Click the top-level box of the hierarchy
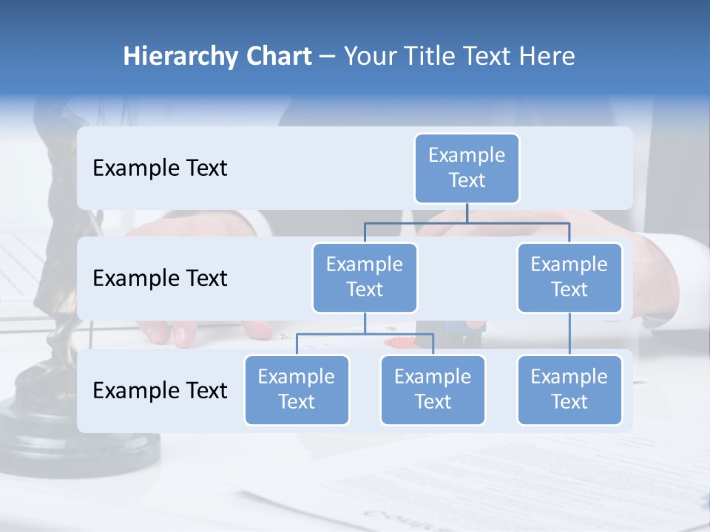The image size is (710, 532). click(467, 168)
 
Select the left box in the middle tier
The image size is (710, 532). click(365, 277)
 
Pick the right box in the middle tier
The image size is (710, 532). click(569, 277)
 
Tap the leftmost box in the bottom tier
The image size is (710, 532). click(297, 389)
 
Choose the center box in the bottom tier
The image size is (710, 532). click(433, 389)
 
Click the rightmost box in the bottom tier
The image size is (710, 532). click(569, 389)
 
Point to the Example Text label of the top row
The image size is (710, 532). click(160, 168)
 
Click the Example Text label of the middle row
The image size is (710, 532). click(160, 278)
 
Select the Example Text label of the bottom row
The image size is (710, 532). click(160, 390)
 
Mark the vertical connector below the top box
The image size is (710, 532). click(467, 213)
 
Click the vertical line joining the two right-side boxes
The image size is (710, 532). click(569, 334)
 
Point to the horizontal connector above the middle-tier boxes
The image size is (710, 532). click(467, 222)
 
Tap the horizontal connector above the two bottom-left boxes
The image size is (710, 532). click(365, 334)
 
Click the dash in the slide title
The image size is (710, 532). click(328, 56)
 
